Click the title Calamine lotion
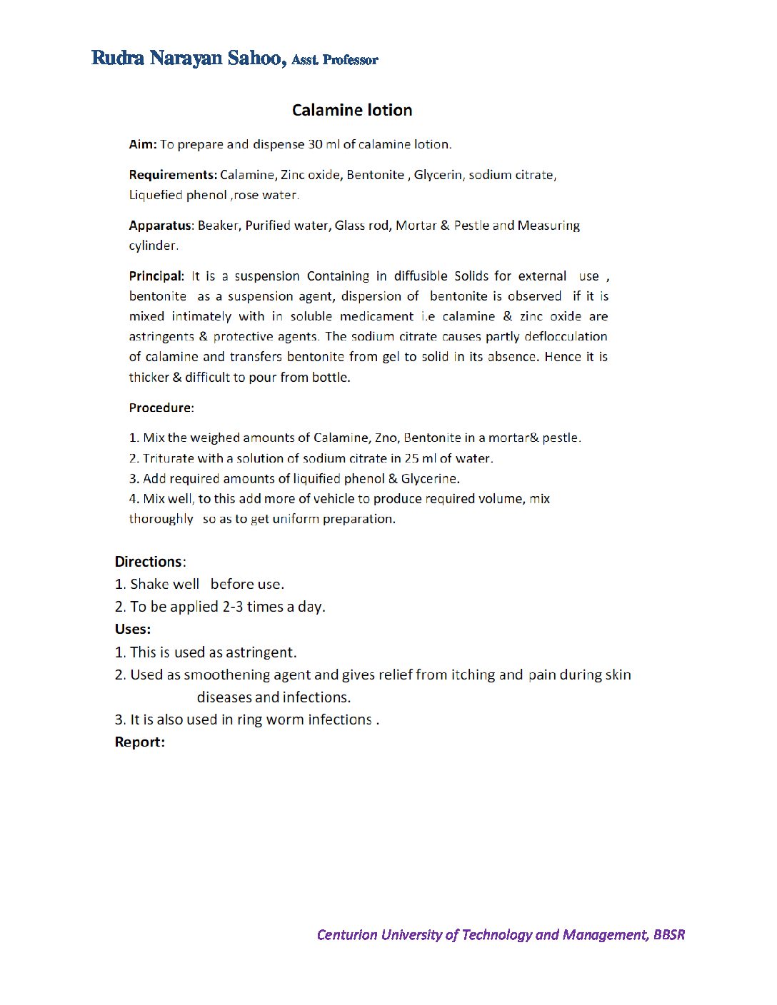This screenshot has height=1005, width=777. [352, 110]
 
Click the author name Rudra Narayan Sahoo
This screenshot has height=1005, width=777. [187, 58]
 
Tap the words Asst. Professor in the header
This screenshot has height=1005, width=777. [335, 60]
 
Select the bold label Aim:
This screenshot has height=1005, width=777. [143, 144]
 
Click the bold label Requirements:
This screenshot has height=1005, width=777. [173, 175]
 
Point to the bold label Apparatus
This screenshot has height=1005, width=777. [161, 226]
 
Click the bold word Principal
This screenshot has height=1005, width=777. [156, 276]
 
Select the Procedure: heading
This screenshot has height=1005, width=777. [161, 408]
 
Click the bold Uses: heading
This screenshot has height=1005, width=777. [133, 629]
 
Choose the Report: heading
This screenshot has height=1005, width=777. [140, 742]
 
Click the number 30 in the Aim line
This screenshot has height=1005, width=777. [315, 144]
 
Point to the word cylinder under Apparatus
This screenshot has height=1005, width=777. [153, 246]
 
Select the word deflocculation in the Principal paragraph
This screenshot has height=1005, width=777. [566, 336]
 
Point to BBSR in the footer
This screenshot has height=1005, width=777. [668, 934]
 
